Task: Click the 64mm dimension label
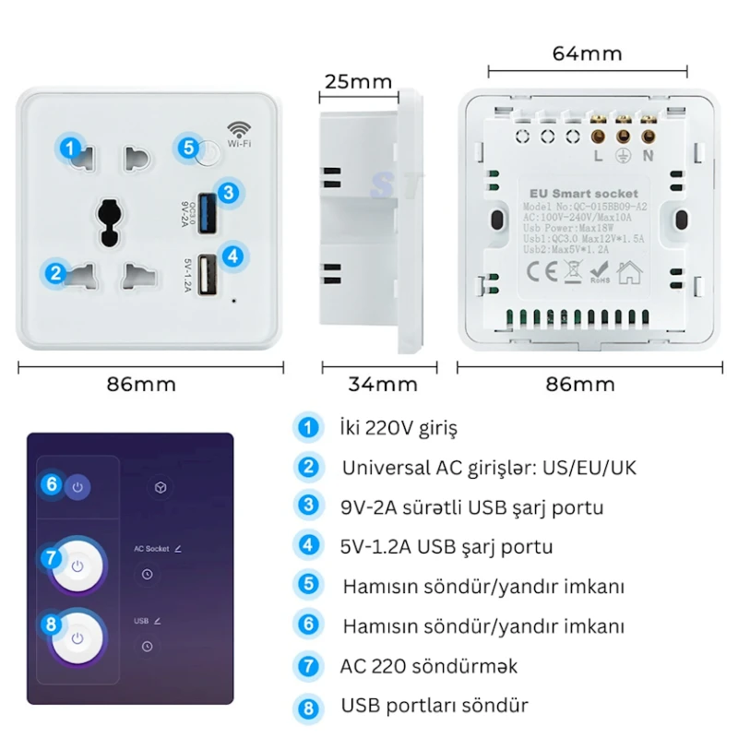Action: [x=587, y=54]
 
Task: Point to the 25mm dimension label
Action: [x=357, y=81]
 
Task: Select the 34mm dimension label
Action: [x=383, y=384]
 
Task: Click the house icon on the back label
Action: [x=631, y=271]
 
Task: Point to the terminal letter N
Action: [x=648, y=155]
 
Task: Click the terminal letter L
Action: [x=599, y=155]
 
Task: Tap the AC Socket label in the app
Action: [x=151, y=548]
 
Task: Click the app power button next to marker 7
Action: [x=78, y=565]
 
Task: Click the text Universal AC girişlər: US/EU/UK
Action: [x=489, y=468]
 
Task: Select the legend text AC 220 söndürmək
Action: [x=429, y=666]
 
